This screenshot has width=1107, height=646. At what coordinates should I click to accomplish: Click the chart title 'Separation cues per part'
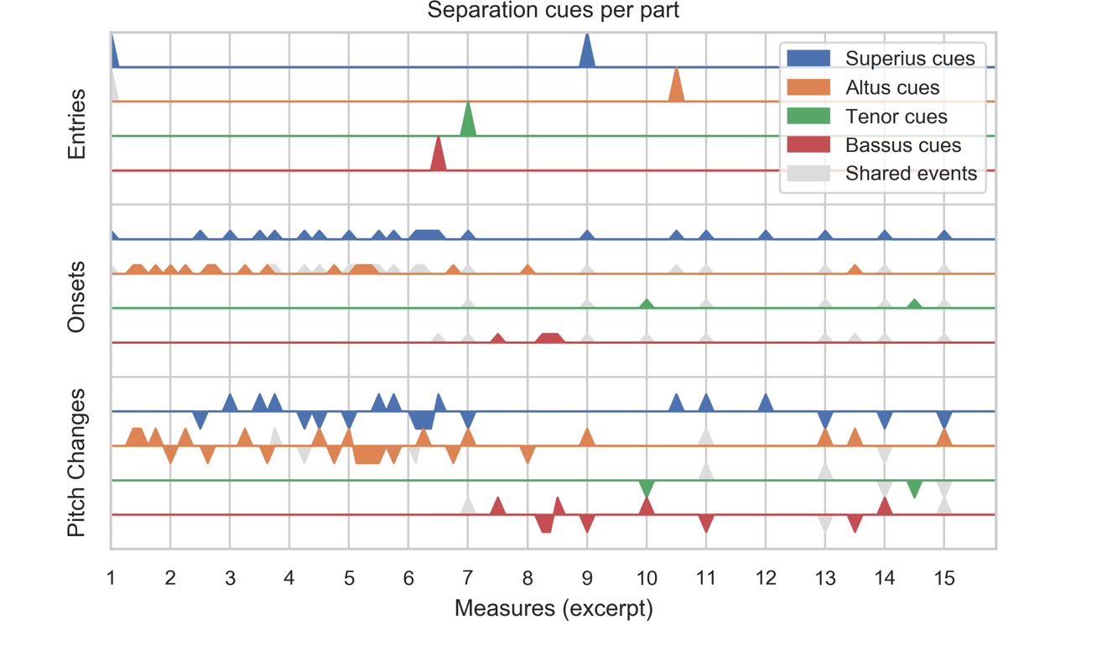click(553, 11)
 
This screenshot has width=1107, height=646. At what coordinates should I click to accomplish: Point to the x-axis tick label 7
click(468, 578)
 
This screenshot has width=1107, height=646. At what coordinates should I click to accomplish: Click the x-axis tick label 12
click(765, 578)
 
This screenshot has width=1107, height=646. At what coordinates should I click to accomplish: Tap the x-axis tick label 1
click(111, 578)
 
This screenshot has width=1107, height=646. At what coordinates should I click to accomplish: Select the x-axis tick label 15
click(944, 578)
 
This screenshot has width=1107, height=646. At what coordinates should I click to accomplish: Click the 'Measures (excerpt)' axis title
click(553, 608)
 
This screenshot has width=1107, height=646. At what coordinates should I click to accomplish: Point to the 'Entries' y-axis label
click(76, 124)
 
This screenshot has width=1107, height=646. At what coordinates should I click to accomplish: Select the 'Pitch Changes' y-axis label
click(76, 462)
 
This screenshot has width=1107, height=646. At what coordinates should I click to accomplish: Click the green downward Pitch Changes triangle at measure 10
click(646, 487)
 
